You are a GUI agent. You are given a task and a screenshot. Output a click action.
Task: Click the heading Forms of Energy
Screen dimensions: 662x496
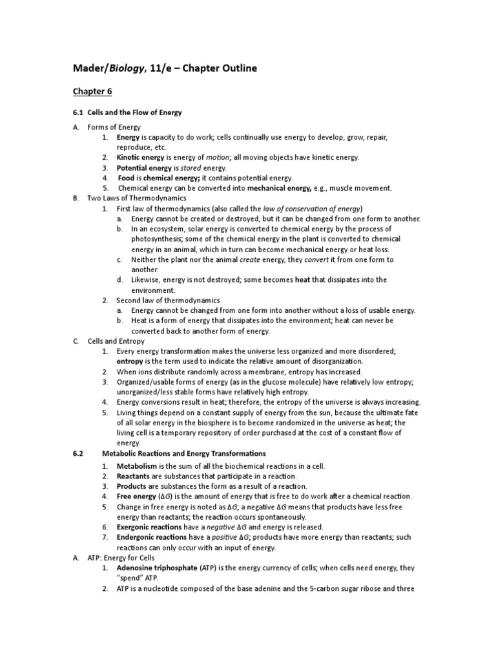click(x=114, y=127)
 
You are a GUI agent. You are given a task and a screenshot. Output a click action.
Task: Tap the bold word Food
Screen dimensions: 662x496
click(x=129, y=178)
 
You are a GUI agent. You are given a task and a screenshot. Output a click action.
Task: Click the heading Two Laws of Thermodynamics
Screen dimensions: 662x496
click(x=136, y=198)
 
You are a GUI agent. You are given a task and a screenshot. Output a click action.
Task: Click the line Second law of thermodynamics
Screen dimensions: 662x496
click(x=168, y=301)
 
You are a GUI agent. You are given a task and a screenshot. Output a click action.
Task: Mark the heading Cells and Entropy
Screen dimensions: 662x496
click(x=116, y=341)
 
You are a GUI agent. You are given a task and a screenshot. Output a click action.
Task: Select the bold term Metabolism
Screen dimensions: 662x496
click(x=136, y=466)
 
